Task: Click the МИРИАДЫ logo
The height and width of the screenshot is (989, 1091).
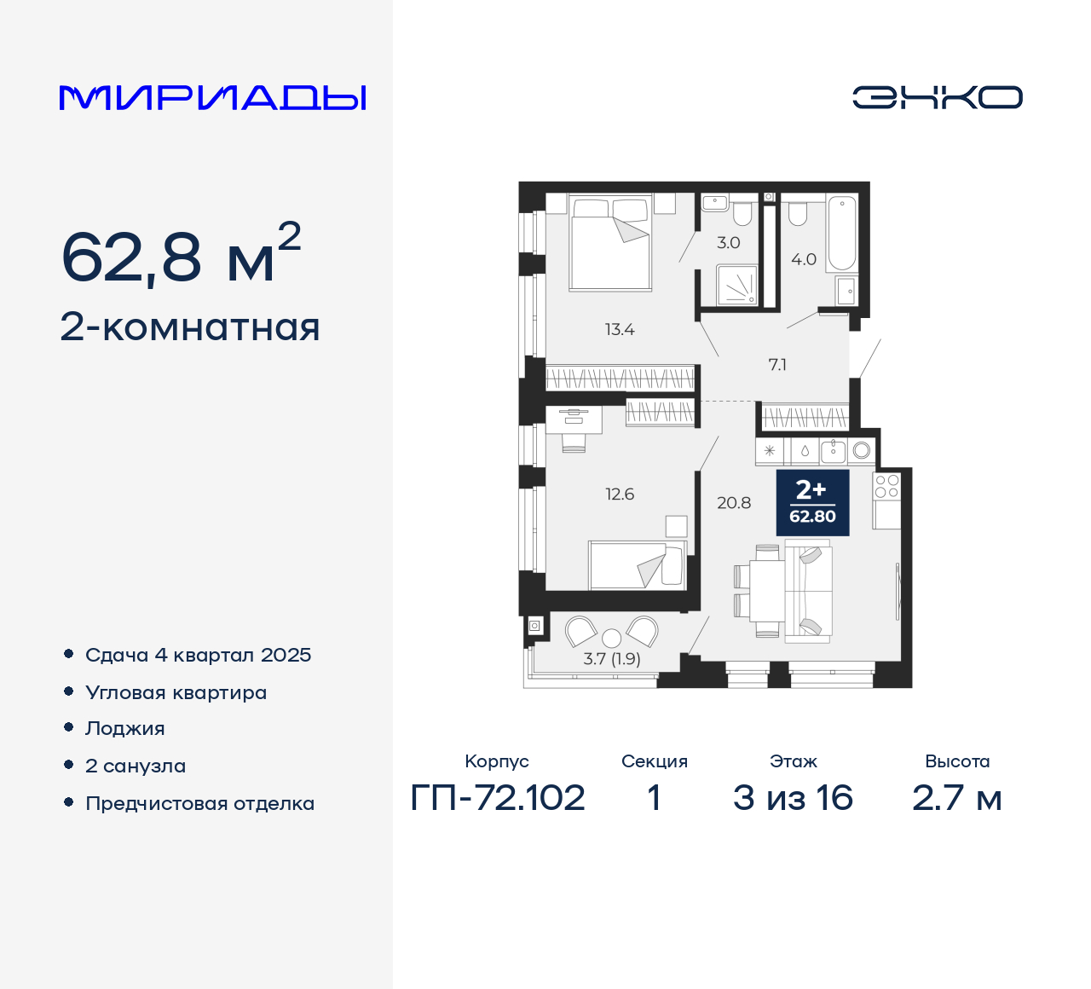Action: pos(212,98)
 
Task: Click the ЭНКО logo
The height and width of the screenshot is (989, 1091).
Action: pos(937,97)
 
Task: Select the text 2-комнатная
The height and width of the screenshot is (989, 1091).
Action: pos(190,327)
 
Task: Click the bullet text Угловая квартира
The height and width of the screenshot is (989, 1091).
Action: pos(176,692)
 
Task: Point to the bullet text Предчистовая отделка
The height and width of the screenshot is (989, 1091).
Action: pos(199,803)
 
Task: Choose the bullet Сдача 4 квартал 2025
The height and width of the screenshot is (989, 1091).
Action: pos(198,655)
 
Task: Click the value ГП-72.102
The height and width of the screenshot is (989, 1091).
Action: pos(498,798)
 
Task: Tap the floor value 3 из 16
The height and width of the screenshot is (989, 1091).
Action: pos(793,798)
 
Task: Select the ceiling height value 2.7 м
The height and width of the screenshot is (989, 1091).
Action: pos(956,798)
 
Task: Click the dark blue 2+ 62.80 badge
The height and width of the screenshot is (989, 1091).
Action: pos(812,502)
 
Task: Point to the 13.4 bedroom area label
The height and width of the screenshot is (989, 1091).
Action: pos(620,330)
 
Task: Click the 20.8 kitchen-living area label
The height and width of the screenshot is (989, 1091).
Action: pos(734,503)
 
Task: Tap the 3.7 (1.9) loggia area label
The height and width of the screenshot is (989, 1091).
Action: pos(612,658)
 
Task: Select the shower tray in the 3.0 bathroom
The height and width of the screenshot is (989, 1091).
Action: pos(736,285)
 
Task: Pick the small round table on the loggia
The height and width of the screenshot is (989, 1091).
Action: pos(611,638)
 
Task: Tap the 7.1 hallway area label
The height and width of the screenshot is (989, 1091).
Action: pos(777,365)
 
